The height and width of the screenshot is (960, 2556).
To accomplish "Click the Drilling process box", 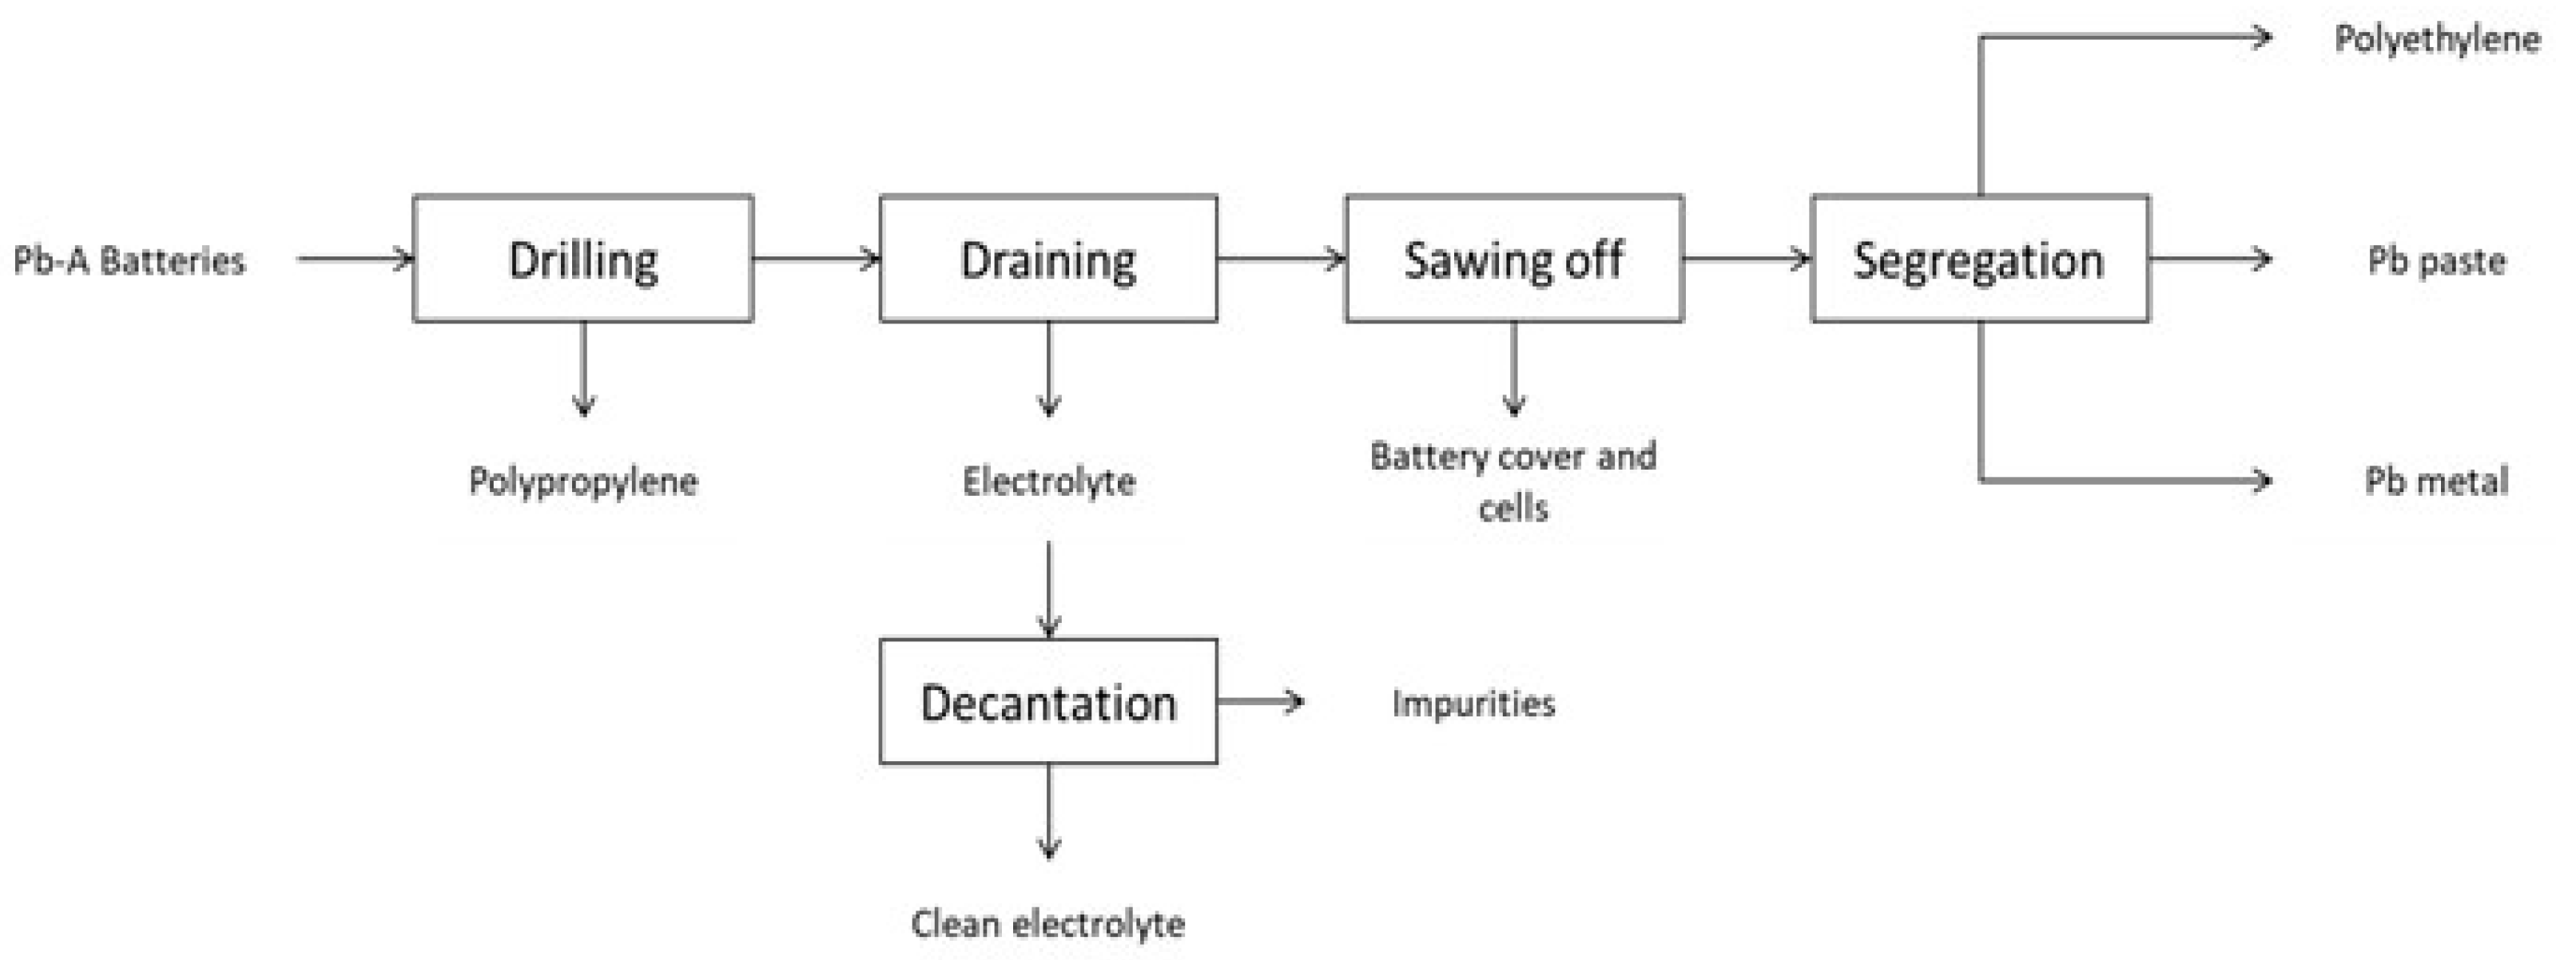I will pos(582,259).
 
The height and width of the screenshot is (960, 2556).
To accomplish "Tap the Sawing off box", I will pos(1513,259).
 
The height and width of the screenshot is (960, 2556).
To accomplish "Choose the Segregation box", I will pos(1979,259).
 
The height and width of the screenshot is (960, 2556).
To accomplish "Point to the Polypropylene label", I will pos(582,482).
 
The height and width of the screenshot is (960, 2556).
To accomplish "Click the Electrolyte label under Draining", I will pos(1049,482).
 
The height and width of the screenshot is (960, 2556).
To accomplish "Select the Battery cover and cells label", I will pos(1513,482).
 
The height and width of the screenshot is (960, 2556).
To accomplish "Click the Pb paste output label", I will pos(2437,261).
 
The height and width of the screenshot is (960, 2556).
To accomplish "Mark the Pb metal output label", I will pos(2437,482).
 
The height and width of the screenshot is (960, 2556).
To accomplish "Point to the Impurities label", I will pos(1473,703).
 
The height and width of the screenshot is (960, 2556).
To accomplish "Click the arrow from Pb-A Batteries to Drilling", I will pos(354,260).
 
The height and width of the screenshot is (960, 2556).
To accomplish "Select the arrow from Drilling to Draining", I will pos(816,260).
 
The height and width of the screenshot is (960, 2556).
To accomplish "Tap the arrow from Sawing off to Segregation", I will pos(1747,260).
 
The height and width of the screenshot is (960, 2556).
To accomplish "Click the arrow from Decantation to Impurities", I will pos(1260,702).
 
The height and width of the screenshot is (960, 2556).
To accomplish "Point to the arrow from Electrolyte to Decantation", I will pos(1049,589).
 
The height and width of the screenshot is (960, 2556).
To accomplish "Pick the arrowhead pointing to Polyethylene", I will pos(2264,38).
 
